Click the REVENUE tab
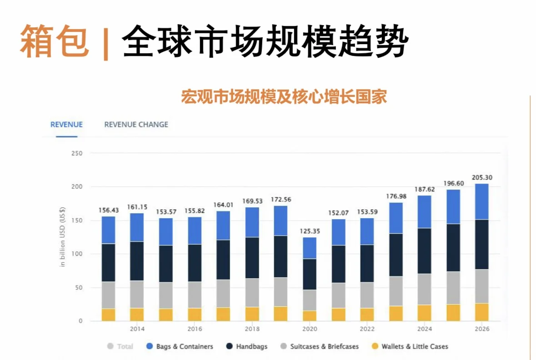coord(66,125)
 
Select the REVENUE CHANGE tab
coord(136,125)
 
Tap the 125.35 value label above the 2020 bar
coord(310,231)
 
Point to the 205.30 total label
coord(481,177)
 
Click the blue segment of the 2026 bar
coord(481,202)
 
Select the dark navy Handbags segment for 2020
coord(310,274)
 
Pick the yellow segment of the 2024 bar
coord(424,313)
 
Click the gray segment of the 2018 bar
coord(252,293)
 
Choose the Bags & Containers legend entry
coord(180,346)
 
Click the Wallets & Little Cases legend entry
coord(410,346)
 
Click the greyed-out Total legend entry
coord(120,346)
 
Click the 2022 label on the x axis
coord(366,329)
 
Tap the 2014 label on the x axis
coord(137,329)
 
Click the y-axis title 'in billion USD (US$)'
coord(63,237)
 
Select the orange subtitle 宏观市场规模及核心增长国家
coord(284,97)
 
